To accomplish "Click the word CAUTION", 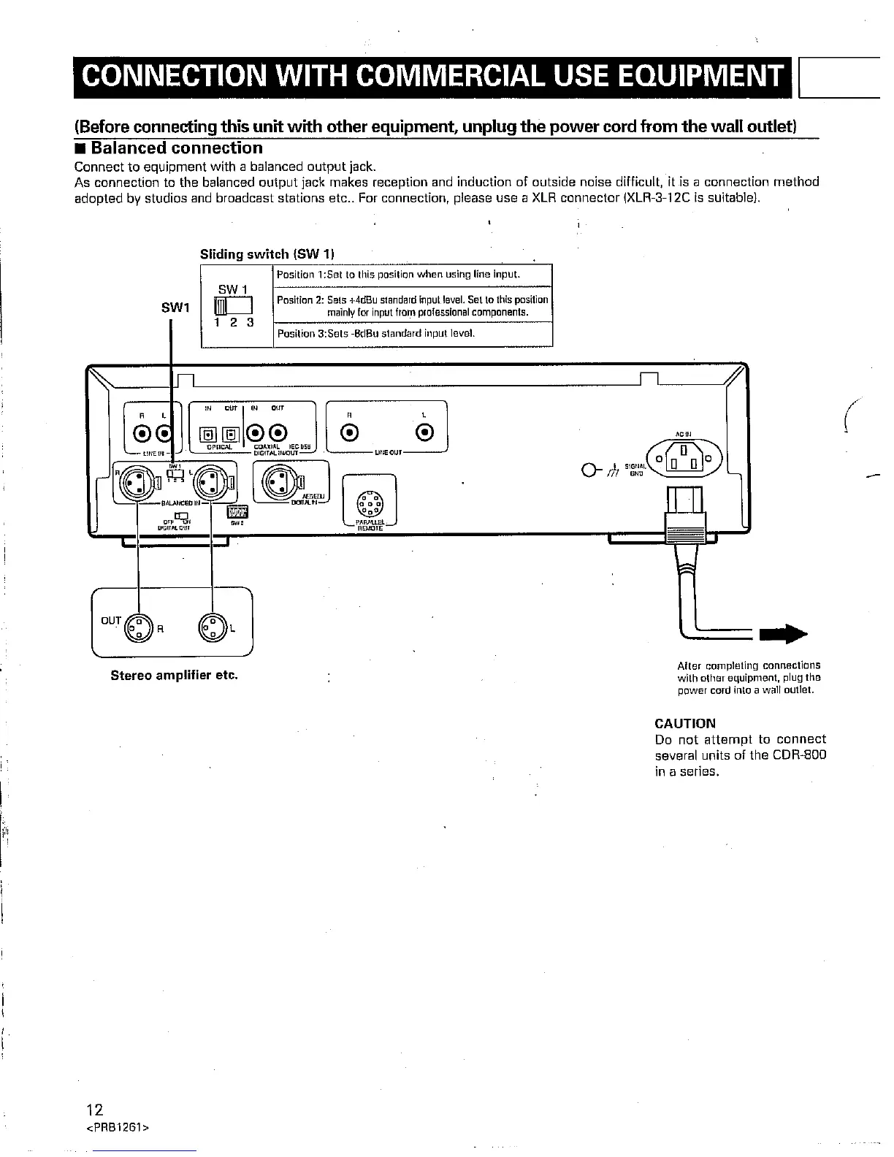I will (x=685, y=724).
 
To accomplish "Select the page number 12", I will (x=94, y=1111).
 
